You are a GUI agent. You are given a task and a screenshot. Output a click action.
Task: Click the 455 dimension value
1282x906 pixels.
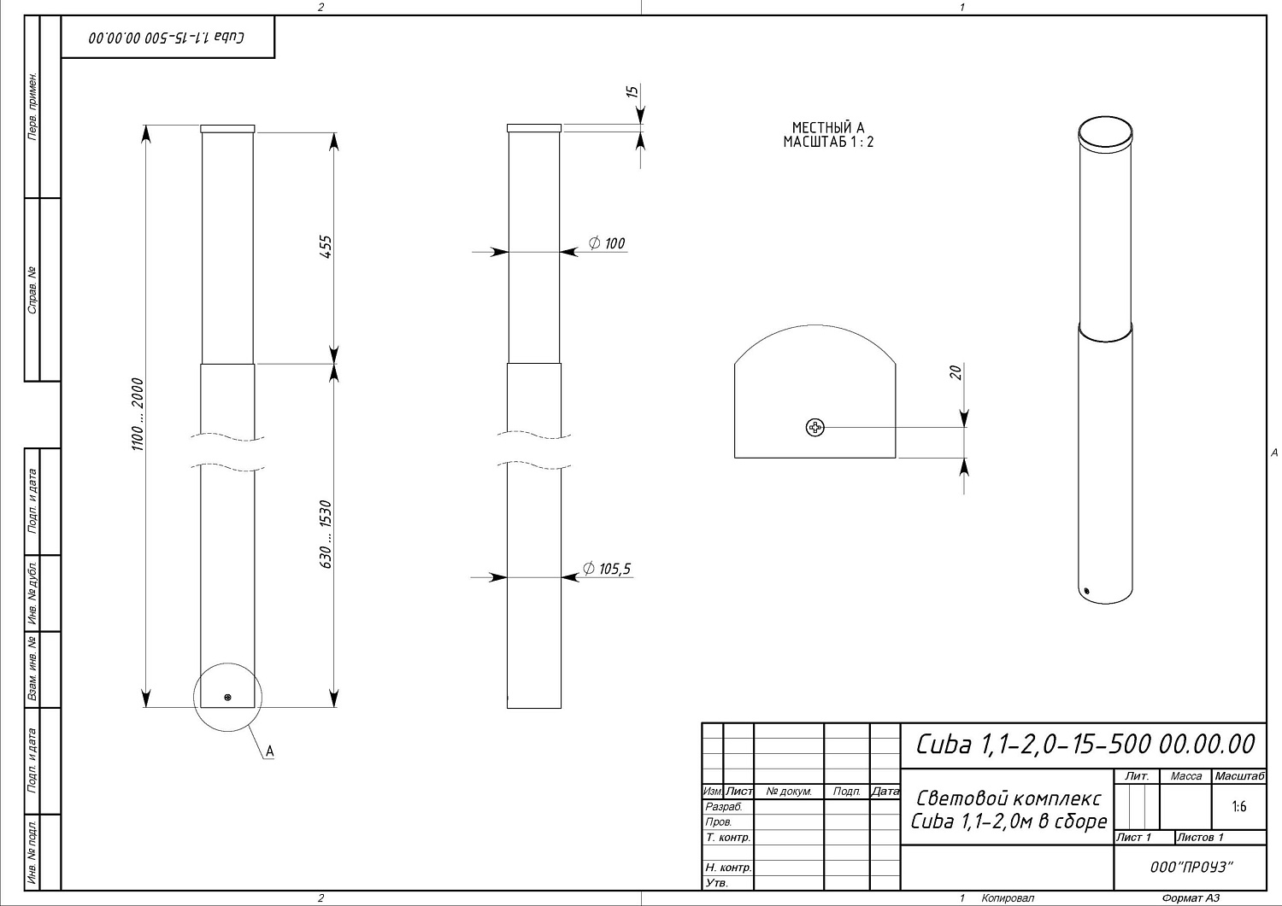(x=325, y=247)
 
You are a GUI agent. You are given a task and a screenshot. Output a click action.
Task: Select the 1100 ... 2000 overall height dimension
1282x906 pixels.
(x=138, y=414)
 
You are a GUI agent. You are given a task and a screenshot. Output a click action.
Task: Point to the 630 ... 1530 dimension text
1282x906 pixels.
(x=325, y=535)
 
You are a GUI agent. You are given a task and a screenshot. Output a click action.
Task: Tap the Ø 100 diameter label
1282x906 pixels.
(x=607, y=243)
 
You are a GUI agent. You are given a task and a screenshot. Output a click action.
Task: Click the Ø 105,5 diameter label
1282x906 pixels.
(x=607, y=569)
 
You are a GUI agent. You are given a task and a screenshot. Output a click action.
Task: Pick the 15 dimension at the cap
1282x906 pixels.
(x=632, y=91)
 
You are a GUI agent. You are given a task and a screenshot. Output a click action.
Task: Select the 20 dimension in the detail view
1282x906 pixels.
(x=956, y=373)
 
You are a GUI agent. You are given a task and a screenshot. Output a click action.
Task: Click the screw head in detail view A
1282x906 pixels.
(x=815, y=427)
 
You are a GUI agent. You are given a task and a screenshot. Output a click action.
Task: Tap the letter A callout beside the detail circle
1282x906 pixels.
(x=270, y=751)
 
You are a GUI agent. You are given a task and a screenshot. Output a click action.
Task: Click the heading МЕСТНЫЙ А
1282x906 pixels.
(x=828, y=127)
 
